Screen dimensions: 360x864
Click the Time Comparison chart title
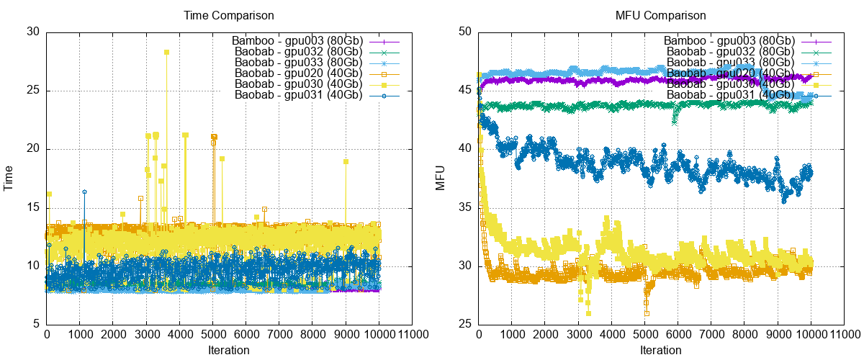coord(229,14)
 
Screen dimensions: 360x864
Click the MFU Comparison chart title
coord(660,14)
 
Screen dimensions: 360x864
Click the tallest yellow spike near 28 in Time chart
coord(166,52)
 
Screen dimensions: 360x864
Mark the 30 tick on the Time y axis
coord(34,32)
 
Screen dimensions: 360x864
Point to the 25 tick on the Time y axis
coord(34,91)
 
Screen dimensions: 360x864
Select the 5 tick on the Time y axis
coord(37,325)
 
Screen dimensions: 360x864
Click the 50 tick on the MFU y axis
coord(465,32)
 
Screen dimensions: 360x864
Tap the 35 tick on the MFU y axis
coord(465,208)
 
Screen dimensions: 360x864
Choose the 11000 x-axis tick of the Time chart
coord(413,335)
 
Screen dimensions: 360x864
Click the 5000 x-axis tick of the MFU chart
coord(645,335)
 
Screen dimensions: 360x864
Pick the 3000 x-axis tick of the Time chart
coord(146,335)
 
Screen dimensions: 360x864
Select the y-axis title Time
coord(9,178)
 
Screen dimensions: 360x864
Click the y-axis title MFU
coord(441,178)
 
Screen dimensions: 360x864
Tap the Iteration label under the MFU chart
coord(660,351)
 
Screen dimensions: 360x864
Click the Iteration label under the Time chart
coord(229,351)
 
